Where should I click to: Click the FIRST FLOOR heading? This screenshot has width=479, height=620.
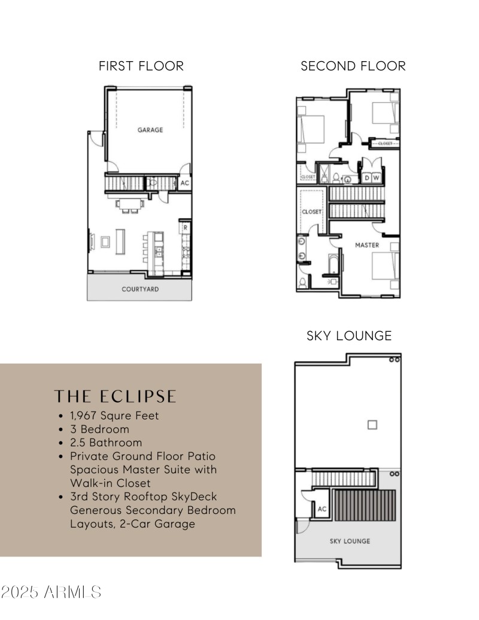click(x=141, y=66)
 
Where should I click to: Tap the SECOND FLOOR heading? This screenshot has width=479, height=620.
click(x=353, y=66)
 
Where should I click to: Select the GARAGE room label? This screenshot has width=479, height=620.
click(x=150, y=129)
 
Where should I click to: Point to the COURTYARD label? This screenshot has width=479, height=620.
click(x=140, y=289)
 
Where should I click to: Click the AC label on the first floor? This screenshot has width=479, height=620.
click(x=185, y=183)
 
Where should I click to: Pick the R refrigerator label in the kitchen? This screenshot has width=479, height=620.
click(x=186, y=228)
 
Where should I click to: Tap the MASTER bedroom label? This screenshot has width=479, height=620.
click(x=366, y=245)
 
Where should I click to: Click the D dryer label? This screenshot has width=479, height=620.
click(x=367, y=178)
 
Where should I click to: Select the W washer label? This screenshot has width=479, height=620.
click(x=376, y=178)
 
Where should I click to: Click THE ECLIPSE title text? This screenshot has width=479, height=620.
click(x=116, y=397)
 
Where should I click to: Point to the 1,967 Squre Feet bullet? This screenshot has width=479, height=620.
click(x=114, y=415)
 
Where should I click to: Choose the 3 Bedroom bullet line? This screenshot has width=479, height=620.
click(x=99, y=430)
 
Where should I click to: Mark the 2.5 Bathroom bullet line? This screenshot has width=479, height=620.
click(x=106, y=443)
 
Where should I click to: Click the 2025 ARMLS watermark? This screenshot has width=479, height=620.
click(x=51, y=592)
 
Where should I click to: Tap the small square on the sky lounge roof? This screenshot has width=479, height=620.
click(x=372, y=425)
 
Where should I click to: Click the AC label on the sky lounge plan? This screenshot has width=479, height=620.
click(x=322, y=509)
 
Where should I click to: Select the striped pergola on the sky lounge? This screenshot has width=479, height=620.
click(x=365, y=506)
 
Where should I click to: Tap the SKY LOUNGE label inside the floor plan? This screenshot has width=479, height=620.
click(x=350, y=541)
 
